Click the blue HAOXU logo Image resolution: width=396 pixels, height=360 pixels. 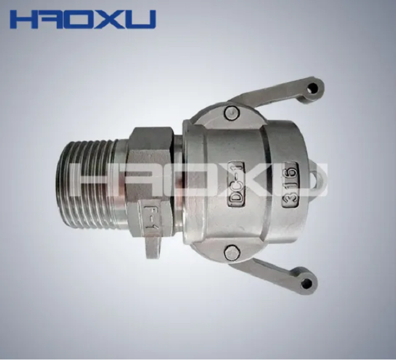[83, 19]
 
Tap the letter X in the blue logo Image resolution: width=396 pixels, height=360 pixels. [112, 19]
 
